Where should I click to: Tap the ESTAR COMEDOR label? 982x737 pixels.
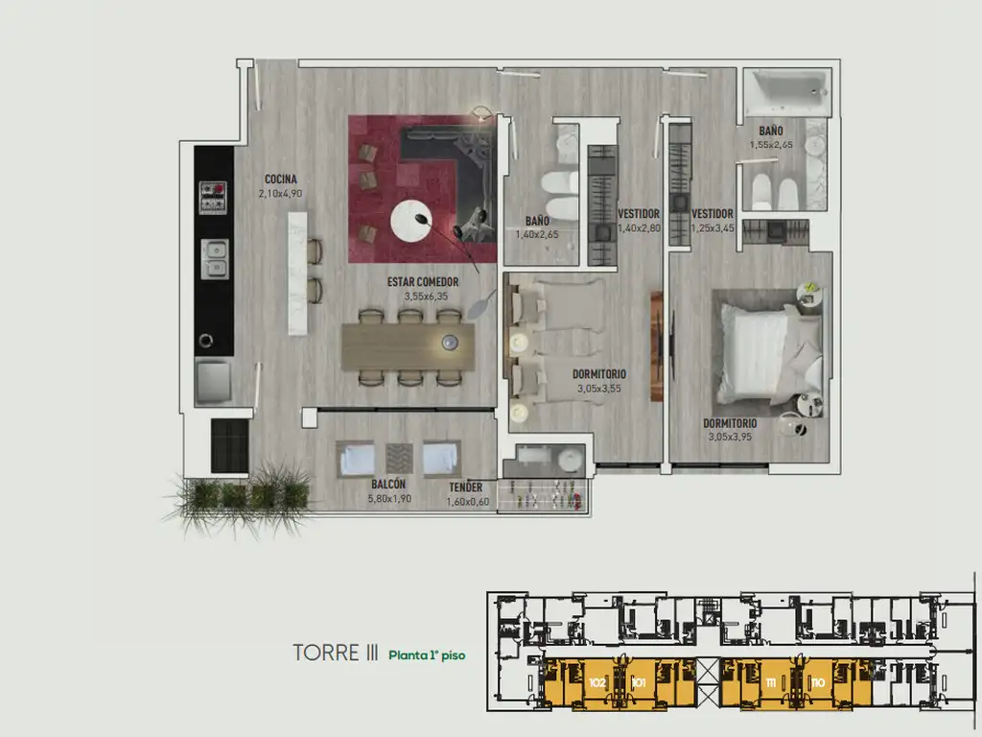[422, 282]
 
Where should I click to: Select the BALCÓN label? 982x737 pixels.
[387, 485]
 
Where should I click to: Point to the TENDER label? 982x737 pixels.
[466, 487]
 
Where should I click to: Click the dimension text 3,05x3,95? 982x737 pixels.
[730, 437]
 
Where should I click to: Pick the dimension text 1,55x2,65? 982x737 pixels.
[772, 145]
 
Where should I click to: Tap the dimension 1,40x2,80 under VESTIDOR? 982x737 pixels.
[638, 228]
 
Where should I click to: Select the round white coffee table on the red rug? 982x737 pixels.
[418, 222]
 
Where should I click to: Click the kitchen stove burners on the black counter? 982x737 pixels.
[213, 198]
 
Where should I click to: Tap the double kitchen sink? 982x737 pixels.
[214, 257]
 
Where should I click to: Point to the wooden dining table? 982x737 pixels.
[408, 345]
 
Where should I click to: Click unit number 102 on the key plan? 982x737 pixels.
[597, 682]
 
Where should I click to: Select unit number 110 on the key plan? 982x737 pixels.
[818, 682]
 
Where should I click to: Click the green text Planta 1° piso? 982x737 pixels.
[427, 656]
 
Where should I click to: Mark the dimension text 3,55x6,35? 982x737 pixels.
[422, 297]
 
